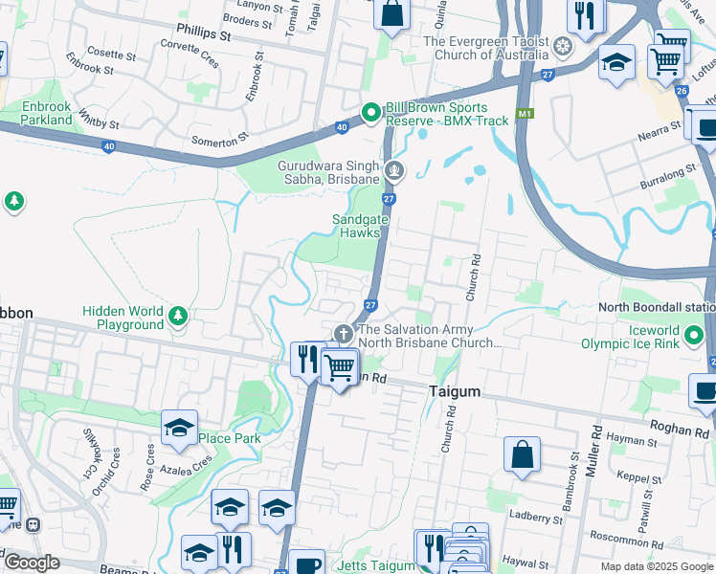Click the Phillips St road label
(x=203, y=34)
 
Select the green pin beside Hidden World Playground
(x=177, y=315)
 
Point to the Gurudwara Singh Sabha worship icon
(x=394, y=172)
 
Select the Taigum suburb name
(x=455, y=393)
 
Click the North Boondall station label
(x=657, y=308)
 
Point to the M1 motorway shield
(x=524, y=113)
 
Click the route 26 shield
(x=681, y=91)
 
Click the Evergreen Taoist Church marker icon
(x=565, y=47)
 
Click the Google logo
(x=32, y=563)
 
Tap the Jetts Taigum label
(x=375, y=566)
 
